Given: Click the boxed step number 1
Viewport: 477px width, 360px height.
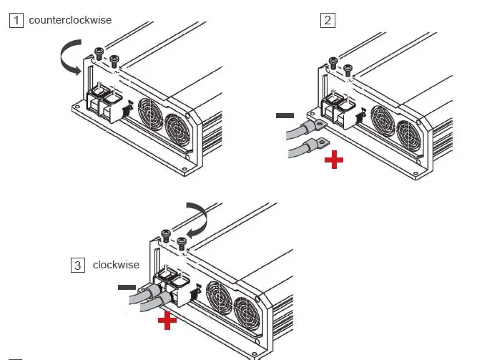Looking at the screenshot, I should tap(16, 20).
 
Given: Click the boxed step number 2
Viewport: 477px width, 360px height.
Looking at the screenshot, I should tap(328, 20).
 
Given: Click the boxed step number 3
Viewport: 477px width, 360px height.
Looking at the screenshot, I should tap(77, 265).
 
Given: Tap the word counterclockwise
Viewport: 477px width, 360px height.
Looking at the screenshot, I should tap(70, 20).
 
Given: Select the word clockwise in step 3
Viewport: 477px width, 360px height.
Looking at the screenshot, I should tap(116, 265).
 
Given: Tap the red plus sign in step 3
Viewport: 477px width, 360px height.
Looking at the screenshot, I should tap(167, 321).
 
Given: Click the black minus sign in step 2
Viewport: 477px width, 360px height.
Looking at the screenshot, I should tap(285, 115).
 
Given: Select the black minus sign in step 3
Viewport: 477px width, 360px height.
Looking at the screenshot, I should tap(127, 288).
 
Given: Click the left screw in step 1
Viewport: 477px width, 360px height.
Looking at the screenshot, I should tap(99, 52).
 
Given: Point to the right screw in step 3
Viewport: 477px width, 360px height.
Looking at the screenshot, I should tap(183, 239).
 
